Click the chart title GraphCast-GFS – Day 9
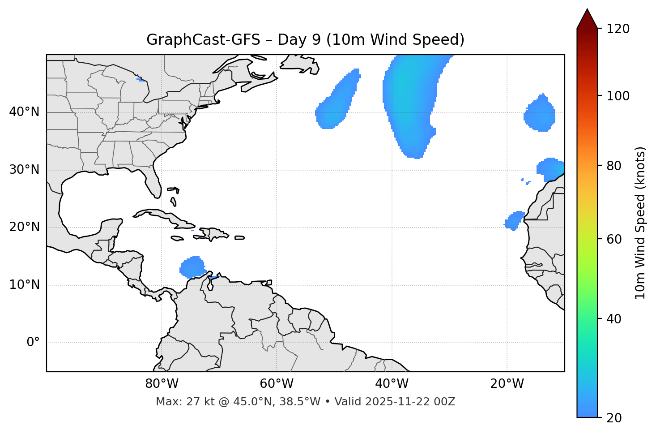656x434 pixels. (x=305, y=40)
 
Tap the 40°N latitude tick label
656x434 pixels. (x=24, y=112)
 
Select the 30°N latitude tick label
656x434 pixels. (x=24, y=170)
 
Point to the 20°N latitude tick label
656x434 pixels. (x=24, y=227)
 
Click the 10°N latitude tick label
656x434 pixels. (x=24, y=285)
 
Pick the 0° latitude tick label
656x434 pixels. (x=33, y=343)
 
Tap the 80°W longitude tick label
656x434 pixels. (x=162, y=384)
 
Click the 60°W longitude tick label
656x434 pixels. (x=277, y=384)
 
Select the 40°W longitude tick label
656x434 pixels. (x=392, y=384)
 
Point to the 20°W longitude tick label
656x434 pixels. (x=507, y=384)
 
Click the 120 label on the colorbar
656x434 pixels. (x=618, y=29)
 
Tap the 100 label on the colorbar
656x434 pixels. (x=618, y=96)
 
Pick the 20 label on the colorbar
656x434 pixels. (x=614, y=418)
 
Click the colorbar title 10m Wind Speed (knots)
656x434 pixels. (x=640, y=223)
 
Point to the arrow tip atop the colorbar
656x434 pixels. (x=587, y=10)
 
